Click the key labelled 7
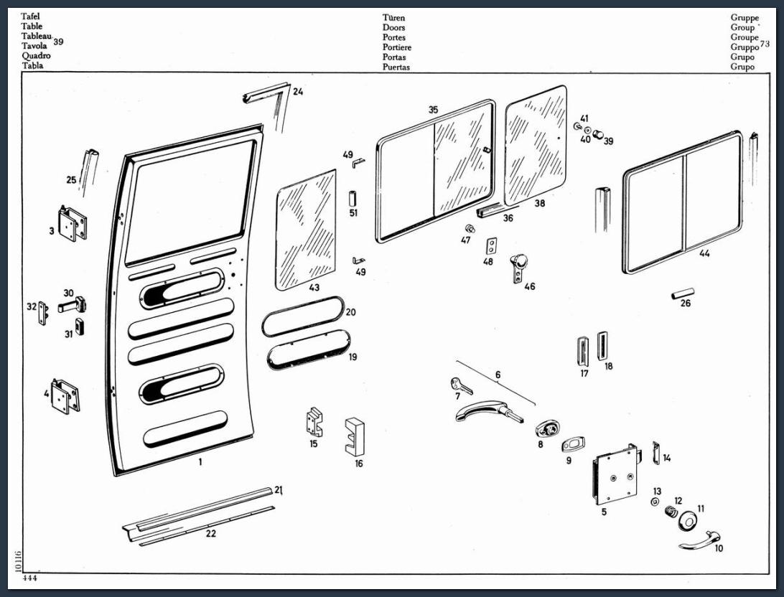[x=461, y=387]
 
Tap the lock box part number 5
[x=614, y=474]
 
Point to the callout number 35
[x=433, y=110]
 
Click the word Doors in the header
[x=393, y=28]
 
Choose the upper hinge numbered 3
[x=72, y=224]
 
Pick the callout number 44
[x=704, y=253]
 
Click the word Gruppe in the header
[x=745, y=18]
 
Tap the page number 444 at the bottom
[x=30, y=578]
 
